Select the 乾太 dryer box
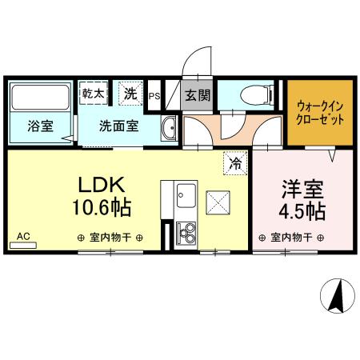pos(93,94)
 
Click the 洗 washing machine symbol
pos(130,93)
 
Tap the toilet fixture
pos(252,97)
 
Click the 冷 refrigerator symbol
pos(236,162)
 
